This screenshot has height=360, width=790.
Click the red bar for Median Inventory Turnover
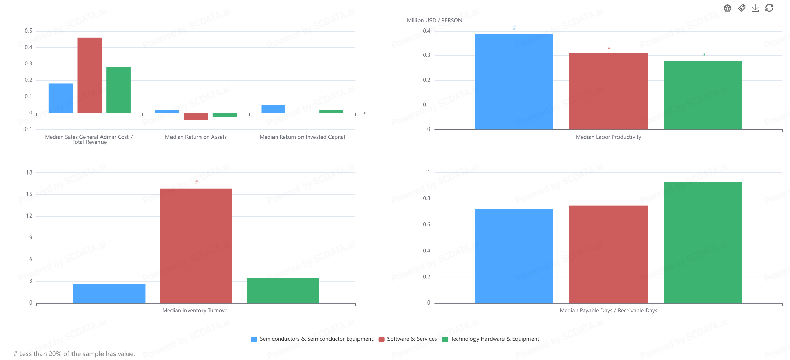tap(196, 246)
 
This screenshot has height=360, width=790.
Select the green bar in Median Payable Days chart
tap(702, 242)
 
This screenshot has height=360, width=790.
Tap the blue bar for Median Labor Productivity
tap(513, 81)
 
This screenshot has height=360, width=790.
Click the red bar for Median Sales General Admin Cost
tap(90, 75)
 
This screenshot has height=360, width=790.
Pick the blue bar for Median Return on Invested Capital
tap(273, 109)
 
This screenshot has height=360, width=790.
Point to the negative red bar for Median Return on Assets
tap(196, 117)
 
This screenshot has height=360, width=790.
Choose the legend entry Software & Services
tap(412, 339)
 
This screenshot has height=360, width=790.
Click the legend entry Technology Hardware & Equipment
tap(495, 339)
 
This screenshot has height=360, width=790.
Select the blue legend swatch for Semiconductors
tap(254, 339)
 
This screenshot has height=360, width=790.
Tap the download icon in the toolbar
tap(755, 8)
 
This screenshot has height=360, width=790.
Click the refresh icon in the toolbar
tap(769, 8)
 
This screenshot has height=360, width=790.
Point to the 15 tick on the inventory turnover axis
tap(29, 194)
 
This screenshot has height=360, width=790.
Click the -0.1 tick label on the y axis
tap(27, 129)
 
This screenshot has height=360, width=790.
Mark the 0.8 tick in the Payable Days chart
tap(426, 199)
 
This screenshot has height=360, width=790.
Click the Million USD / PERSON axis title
tap(434, 20)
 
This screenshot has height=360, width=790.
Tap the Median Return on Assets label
tap(196, 137)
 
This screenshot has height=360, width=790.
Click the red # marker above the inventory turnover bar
tap(197, 182)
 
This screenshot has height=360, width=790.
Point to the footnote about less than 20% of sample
tap(74, 354)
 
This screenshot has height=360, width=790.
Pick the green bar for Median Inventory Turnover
tap(282, 290)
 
